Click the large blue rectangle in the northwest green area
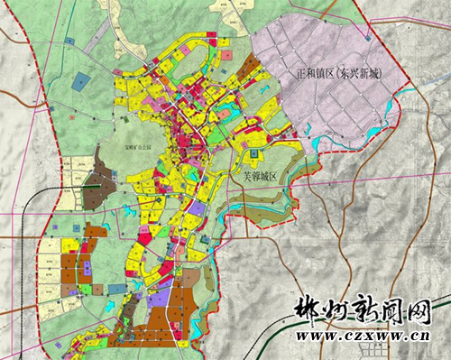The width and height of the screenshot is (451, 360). [81, 81]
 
